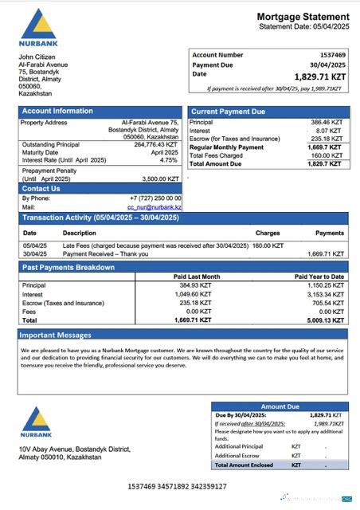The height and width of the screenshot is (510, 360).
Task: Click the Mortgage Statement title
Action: [x=303, y=17]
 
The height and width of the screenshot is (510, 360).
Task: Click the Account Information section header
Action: [x=57, y=111]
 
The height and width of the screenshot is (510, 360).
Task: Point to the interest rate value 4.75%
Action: [x=169, y=159]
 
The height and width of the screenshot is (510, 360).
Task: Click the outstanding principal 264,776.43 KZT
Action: [x=155, y=144]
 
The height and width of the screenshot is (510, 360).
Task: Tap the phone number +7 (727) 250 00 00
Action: [x=155, y=198]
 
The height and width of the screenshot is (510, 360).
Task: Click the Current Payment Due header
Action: [x=229, y=112]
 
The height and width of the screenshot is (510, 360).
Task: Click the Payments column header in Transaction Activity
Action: [x=330, y=233]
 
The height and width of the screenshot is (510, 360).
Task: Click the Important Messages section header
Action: [x=57, y=335]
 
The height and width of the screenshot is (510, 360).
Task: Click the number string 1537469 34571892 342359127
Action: [x=177, y=485]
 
